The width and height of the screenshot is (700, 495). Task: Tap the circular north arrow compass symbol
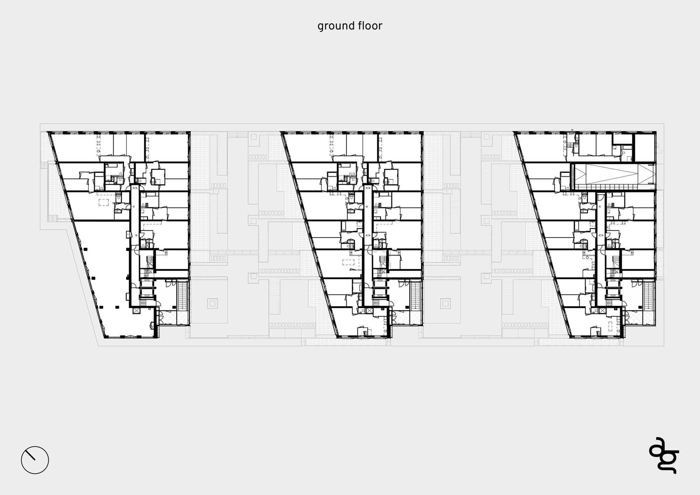[35, 460]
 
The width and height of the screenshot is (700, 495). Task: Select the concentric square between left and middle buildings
[212, 303]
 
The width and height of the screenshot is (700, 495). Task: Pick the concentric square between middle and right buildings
[445, 303]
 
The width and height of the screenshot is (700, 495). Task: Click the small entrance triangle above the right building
[572, 130]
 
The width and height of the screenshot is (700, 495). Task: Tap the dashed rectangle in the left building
[104, 202]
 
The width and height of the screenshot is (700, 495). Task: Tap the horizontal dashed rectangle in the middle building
[348, 263]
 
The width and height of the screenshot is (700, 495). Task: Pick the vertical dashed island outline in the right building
[611, 326]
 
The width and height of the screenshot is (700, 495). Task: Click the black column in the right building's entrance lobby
[640, 307]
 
